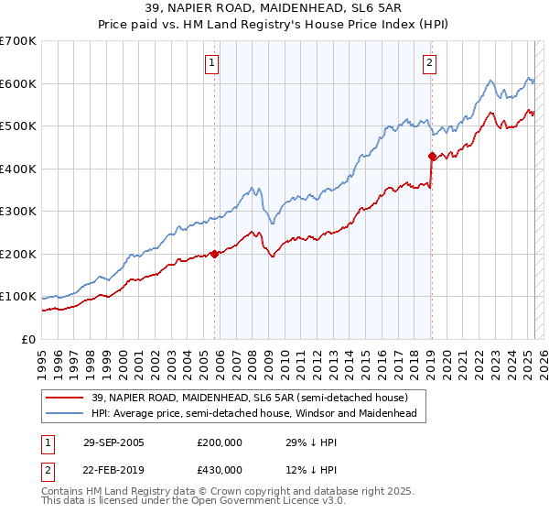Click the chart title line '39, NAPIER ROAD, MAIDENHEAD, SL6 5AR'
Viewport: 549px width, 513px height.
pos(274,7)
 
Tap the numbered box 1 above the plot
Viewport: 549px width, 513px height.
pos(211,63)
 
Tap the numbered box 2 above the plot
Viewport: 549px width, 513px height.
pos(428,63)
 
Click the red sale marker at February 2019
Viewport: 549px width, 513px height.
pos(432,157)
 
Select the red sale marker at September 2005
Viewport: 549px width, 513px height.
pos(215,254)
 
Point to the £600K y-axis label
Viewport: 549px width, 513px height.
pos(18,83)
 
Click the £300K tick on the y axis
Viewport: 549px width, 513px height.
pos(18,212)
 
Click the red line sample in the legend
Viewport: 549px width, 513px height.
pos(65,398)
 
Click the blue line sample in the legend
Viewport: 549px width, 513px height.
pos(65,413)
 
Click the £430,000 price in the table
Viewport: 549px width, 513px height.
pos(220,470)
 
